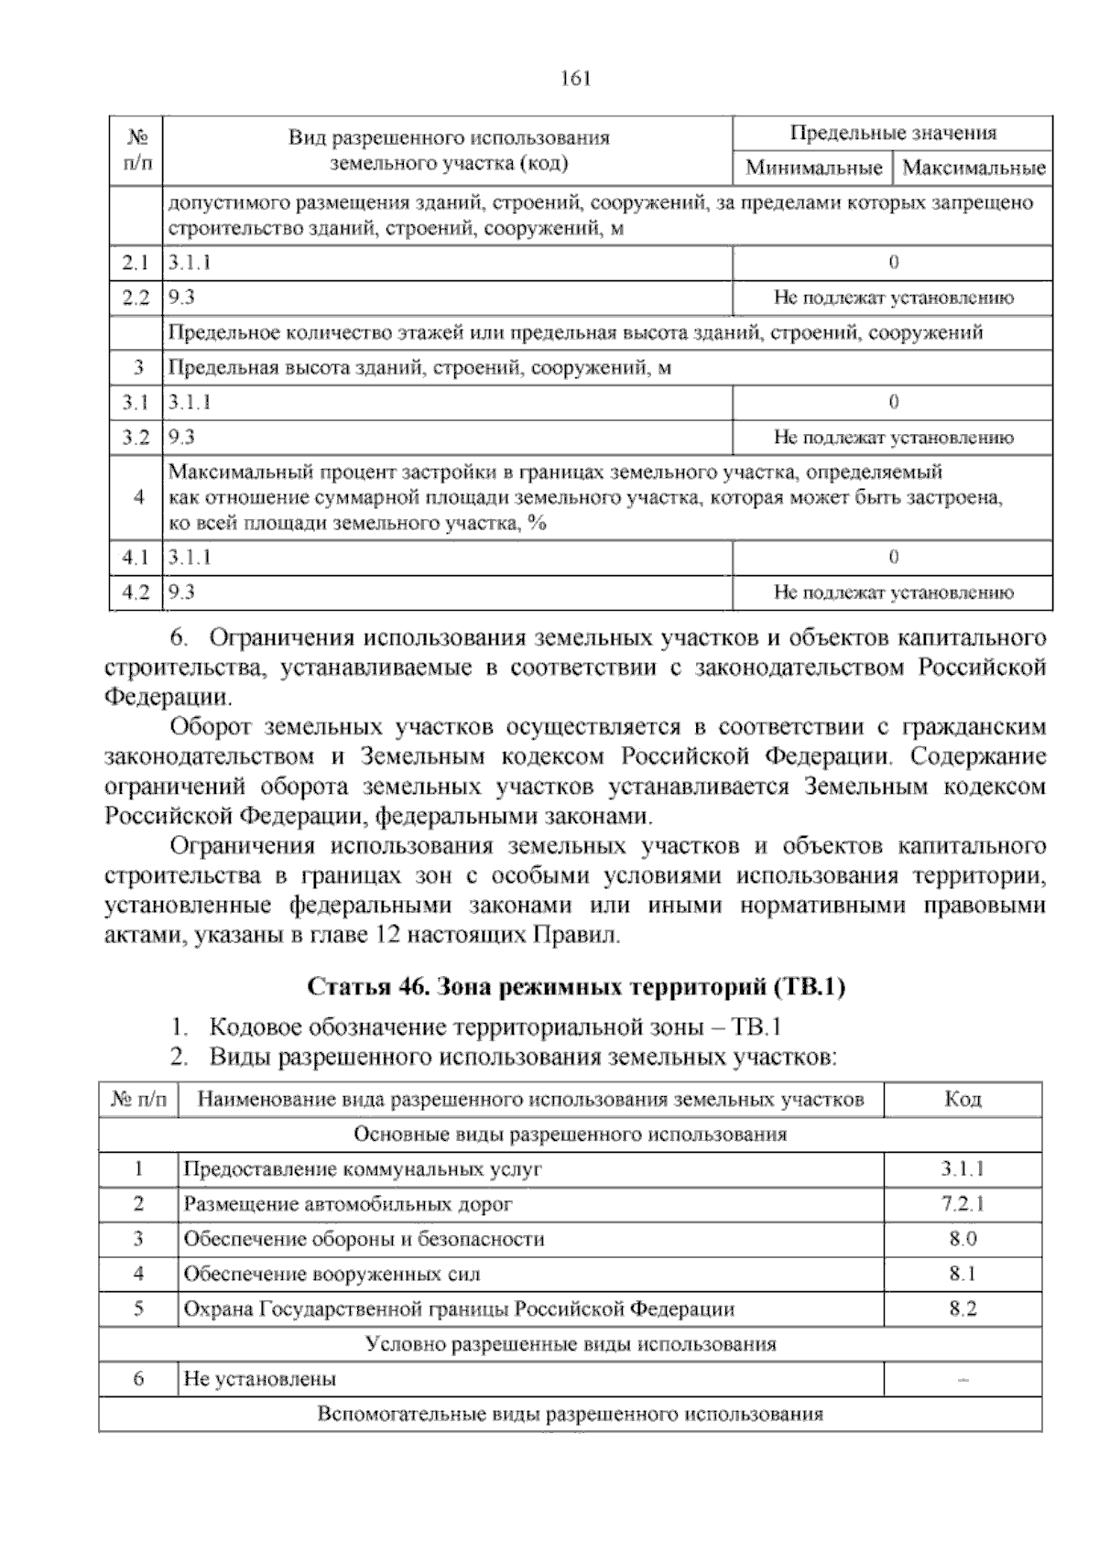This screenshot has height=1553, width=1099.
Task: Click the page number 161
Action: [x=576, y=78]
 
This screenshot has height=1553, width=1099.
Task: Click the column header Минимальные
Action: [x=813, y=168]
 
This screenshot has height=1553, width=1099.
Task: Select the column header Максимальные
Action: [x=974, y=168]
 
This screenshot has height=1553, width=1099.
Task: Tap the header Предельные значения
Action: [x=893, y=134]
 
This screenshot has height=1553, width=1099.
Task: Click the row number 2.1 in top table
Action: [x=136, y=264]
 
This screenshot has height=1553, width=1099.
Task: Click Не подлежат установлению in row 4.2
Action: [x=894, y=593]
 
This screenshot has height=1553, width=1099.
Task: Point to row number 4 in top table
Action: [x=138, y=498]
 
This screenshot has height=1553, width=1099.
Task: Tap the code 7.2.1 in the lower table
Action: [x=963, y=1204]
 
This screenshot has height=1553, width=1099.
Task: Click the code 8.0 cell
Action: [x=963, y=1239]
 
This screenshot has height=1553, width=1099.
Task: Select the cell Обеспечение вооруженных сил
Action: [x=332, y=1274]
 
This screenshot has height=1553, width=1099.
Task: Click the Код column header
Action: [x=963, y=1099]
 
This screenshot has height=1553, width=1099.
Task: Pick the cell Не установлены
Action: [x=260, y=1378]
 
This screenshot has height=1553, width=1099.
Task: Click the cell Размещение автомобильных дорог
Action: [x=348, y=1204]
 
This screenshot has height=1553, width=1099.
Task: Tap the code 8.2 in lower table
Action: [x=963, y=1309]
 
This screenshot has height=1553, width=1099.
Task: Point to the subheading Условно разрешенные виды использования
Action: [x=570, y=1344]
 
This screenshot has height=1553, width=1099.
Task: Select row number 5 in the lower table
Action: [x=138, y=1309]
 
